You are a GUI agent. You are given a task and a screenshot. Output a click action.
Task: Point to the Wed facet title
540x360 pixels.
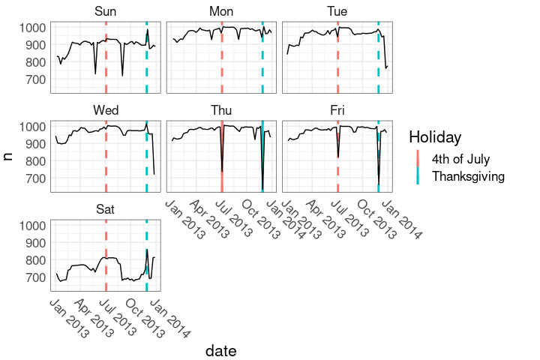coord(106,110)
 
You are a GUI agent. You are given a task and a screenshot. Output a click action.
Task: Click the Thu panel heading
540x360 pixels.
coord(221,110)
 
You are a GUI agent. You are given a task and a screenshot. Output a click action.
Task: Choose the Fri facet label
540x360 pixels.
coord(337,110)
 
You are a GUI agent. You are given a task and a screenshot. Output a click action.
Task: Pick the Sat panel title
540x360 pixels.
coord(106,208)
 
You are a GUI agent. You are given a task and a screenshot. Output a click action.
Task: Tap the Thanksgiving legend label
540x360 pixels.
coord(468,176)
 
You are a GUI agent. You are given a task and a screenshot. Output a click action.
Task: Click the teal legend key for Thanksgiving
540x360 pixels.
coord(418,176)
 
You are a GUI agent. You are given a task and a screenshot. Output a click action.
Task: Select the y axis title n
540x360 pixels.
coord(9,156)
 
